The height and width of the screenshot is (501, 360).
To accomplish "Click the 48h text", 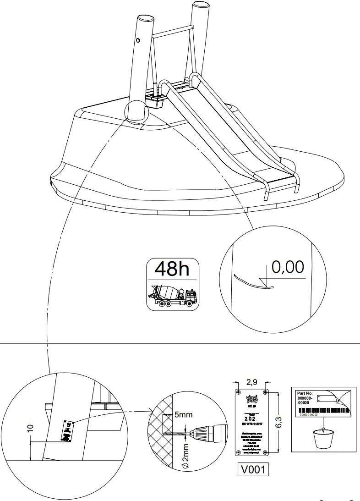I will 172,269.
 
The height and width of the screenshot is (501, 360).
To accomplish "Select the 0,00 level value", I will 288,267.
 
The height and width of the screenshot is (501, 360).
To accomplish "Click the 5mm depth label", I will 184,415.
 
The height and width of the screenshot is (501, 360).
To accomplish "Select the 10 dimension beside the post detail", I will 30,428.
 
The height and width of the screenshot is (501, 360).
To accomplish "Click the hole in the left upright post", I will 138,40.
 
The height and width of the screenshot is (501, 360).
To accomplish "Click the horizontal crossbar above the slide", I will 172,32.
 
